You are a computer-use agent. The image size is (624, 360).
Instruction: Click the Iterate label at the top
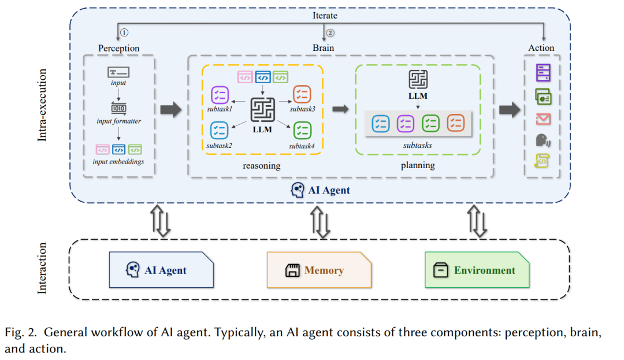(325, 16)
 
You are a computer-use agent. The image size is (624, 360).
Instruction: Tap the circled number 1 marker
(124, 32)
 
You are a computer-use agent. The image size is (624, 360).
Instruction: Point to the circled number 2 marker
(330, 33)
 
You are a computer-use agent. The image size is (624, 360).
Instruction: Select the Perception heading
(118, 48)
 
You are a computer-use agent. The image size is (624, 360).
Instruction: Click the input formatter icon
(118, 108)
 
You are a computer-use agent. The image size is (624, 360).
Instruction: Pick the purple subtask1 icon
(220, 95)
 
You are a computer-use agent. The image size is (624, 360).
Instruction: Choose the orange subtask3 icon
(302, 95)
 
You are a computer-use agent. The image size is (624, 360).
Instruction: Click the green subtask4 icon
(302, 131)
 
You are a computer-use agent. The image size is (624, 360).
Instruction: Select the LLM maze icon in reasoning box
(262, 109)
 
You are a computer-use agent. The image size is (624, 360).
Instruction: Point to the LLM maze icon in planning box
(418, 79)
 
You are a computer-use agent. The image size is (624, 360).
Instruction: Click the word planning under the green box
(418, 165)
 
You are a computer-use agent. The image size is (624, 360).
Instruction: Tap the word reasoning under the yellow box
(262, 165)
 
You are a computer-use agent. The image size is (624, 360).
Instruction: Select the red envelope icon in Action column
(543, 119)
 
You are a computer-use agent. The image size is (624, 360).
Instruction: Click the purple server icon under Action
(543, 73)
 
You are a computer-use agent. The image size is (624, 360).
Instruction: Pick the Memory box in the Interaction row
(319, 270)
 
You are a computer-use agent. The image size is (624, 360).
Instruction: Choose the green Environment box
(477, 270)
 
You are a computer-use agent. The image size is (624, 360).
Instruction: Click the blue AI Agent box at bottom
(161, 270)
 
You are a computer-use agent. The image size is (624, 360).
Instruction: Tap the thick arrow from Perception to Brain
(170, 109)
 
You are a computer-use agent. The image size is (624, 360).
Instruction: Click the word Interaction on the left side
(42, 268)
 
